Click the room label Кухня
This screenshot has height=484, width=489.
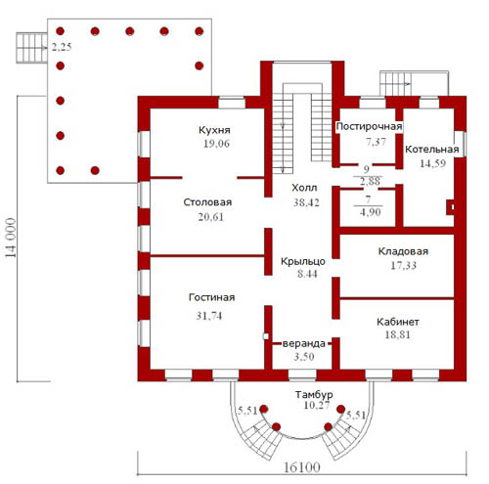[214, 130]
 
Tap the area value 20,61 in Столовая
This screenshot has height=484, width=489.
[211, 217]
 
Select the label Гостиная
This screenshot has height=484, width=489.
[211, 297]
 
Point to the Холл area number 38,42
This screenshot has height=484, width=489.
[306, 202]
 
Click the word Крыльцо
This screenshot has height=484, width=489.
[303, 261]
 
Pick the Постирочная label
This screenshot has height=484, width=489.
[369, 126]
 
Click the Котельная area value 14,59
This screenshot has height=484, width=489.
[432, 163]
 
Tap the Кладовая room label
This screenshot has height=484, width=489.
[403, 251]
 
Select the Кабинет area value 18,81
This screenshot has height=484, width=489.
[397, 334]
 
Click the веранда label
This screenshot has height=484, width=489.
[304, 344]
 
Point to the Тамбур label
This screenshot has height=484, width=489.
[314, 395]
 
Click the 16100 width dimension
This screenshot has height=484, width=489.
[302, 467]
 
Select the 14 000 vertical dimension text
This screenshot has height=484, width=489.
[11, 238]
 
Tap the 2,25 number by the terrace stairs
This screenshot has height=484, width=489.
[62, 47]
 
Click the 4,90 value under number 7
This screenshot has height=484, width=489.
[370, 212]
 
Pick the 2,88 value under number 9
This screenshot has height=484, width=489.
[370, 181]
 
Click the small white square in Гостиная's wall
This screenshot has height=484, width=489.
[266, 336]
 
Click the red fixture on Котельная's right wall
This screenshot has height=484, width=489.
[450, 207]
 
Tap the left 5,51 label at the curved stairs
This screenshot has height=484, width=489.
[247, 411]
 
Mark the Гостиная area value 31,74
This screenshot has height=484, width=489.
[208, 316]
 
